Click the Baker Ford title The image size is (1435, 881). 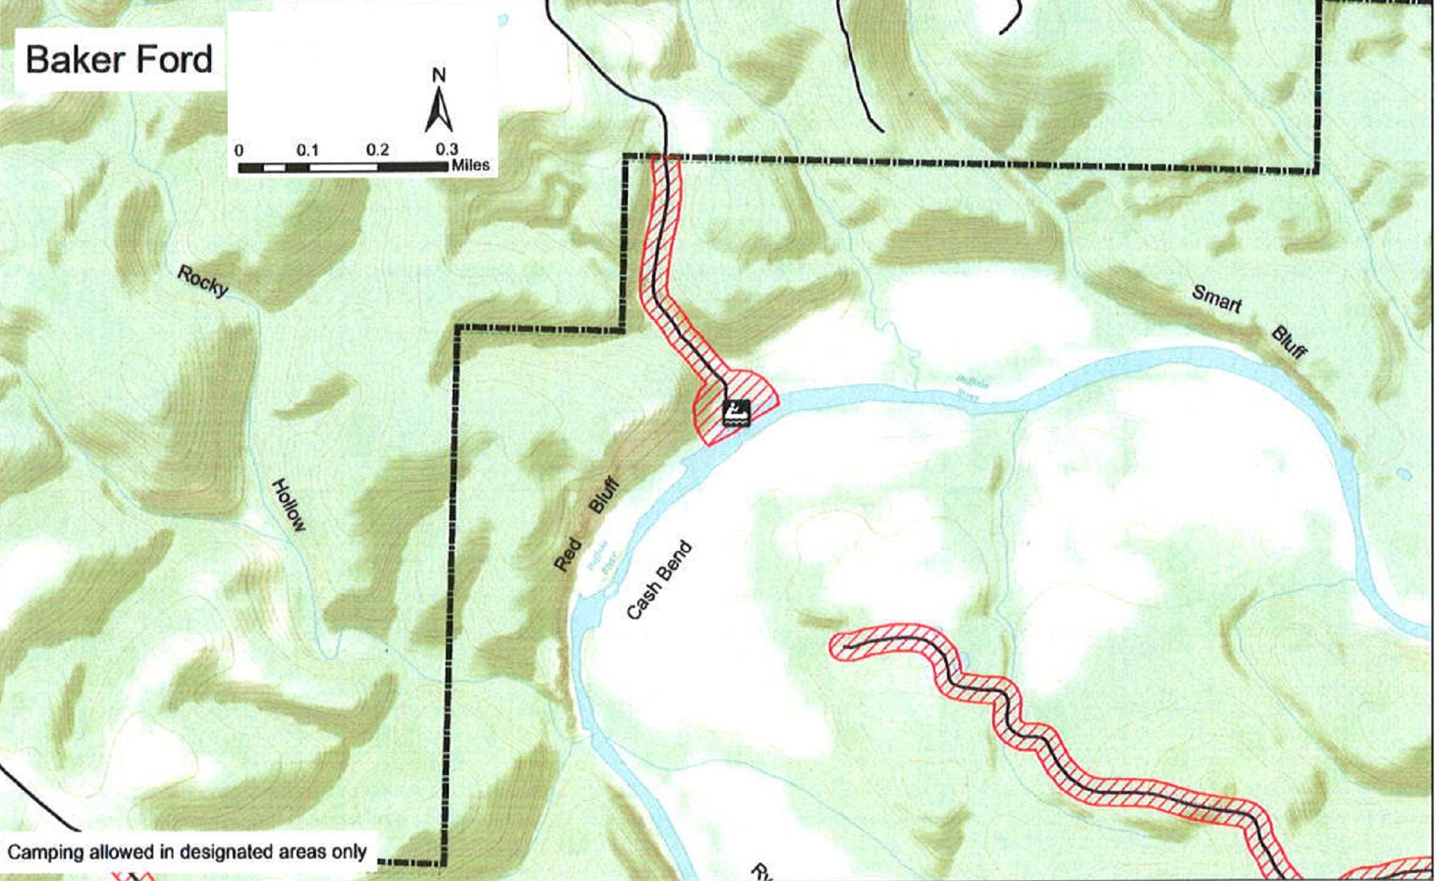(119, 59)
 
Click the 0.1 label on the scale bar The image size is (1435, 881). (307, 150)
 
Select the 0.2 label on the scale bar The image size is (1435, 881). (377, 150)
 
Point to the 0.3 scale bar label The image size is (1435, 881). (447, 149)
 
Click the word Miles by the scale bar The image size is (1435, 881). (471, 165)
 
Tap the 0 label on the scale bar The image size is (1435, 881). (239, 151)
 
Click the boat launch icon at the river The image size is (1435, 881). (737, 412)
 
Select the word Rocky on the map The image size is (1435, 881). (203, 281)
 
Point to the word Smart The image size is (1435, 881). (1217, 299)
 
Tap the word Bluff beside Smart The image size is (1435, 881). (1289, 343)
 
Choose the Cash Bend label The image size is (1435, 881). (658, 581)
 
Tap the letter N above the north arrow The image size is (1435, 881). (439, 75)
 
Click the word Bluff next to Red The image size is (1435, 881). (604, 495)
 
